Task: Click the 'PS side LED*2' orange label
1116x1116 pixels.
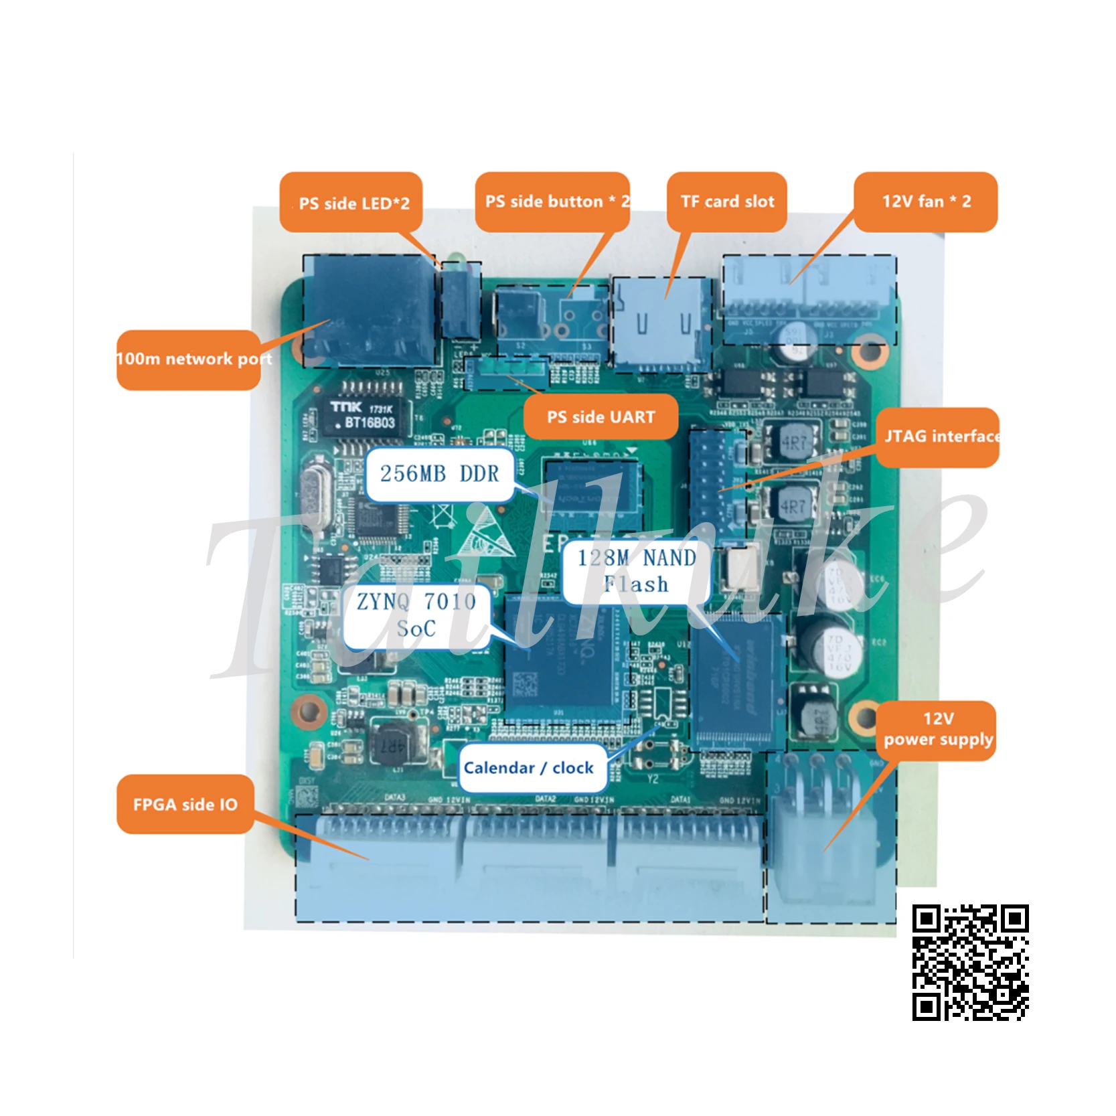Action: [351, 202]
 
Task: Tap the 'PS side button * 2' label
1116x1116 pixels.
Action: [552, 202]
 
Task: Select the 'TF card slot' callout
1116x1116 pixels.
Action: [726, 202]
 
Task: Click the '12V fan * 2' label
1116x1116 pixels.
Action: [925, 202]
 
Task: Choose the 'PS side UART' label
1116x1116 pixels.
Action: [601, 417]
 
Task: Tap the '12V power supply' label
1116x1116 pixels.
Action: [937, 730]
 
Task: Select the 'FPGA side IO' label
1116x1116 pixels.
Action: [185, 804]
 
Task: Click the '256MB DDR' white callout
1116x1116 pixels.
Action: [439, 474]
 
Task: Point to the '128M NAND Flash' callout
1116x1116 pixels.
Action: [635, 571]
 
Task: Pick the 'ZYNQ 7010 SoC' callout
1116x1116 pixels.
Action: [416, 615]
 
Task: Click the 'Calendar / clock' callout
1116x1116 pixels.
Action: [528, 768]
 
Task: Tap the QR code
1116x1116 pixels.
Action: [970, 962]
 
